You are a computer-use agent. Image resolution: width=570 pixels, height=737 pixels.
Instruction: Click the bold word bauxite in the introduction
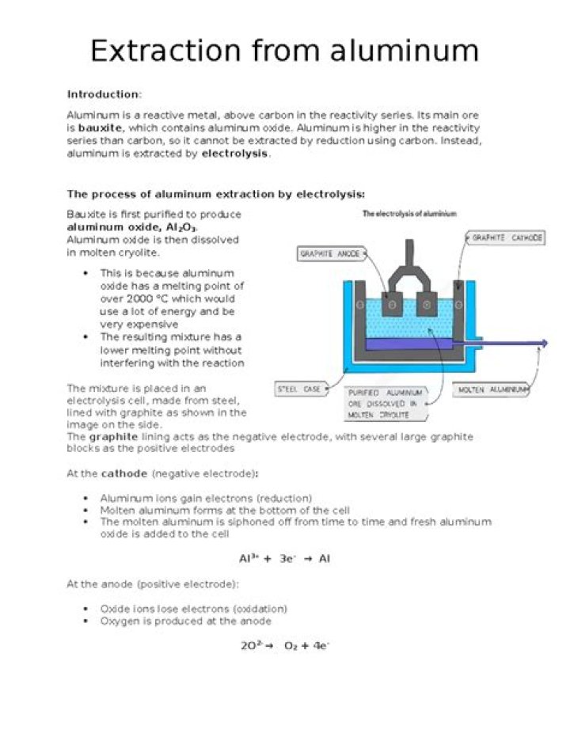(100, 127)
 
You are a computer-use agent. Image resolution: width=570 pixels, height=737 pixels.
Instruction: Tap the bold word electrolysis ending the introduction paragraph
(235, 154)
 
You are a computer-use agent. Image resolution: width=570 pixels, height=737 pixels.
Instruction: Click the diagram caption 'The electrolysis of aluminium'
(408, 214)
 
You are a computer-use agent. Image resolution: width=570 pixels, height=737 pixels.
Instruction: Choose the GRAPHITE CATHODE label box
(507, 237)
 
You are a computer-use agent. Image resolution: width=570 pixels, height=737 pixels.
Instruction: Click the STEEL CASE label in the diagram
(298, 389)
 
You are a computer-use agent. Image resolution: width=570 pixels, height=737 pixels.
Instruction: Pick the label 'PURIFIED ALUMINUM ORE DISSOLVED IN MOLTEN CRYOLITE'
(384, 404)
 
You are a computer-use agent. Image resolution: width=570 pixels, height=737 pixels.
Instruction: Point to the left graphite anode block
(392, 304)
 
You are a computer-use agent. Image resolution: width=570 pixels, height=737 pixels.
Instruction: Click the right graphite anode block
(427, 304)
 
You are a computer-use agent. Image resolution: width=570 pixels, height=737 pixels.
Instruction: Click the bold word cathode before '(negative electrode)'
(125, 473)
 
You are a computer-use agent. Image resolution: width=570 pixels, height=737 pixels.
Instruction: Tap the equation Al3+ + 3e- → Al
(284, 559)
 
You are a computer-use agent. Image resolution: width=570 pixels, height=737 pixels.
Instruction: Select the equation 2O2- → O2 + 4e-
(285, 645)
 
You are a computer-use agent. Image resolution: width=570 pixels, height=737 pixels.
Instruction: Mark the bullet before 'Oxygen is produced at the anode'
(85, 621)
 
